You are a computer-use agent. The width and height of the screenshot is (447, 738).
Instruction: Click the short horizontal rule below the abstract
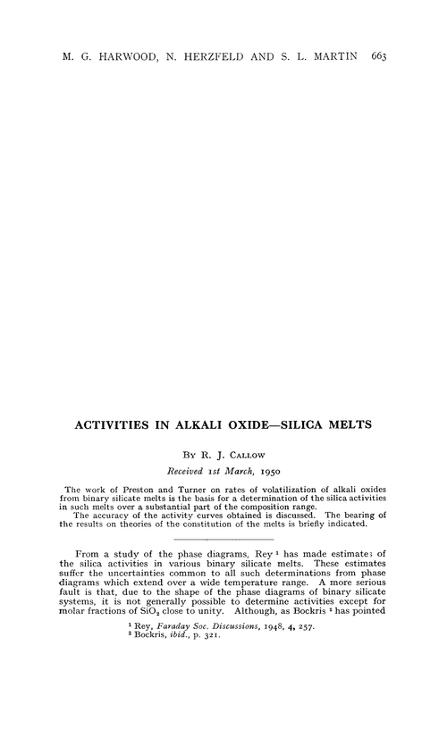223,541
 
